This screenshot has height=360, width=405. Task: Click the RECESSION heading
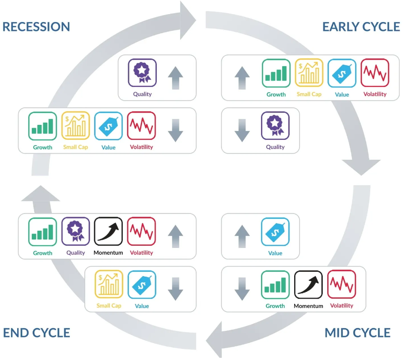[x=36, y=26]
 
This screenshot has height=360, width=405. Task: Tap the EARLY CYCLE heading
[x=361, y=26]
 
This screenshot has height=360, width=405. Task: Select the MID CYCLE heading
[x=357, y=333]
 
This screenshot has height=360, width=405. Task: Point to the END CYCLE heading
[x=37, y=333]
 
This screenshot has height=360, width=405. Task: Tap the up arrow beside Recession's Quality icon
[x=175, y=78]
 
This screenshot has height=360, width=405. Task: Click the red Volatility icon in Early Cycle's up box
[x=375, y=73]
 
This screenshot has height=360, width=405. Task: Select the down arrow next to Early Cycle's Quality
[x=242, y=131]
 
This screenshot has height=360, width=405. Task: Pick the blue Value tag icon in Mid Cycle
[x=275, y=232]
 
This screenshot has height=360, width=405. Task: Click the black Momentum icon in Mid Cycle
[x=308, y=285]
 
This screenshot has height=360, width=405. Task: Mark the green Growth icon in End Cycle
[x=43, y=232]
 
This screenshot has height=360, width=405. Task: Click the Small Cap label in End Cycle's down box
[x=109, y=306]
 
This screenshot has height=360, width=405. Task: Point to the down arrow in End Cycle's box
[x=175, y=289]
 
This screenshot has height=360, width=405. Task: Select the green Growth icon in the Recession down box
[x=43, y=126]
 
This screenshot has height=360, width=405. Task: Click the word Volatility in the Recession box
[x=141, y=147]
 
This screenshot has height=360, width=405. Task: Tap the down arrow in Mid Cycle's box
[x=242, y=289]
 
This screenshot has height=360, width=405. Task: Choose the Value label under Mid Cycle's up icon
[x=275, y=253]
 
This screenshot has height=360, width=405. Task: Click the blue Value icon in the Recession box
[x=108, y=126]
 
